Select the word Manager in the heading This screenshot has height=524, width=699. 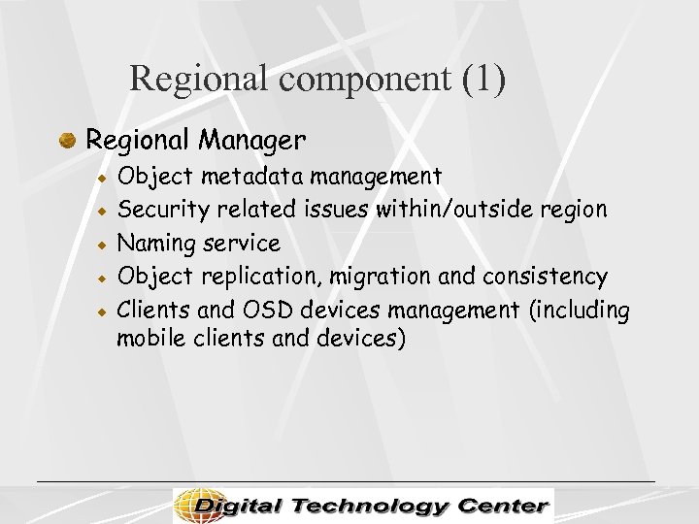[x=252, y=141]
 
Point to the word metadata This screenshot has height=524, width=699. [x=254, y=177]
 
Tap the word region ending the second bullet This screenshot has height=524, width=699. [x=576, y=210]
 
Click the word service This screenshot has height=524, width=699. [x=245, y=243]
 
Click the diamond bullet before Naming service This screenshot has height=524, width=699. [x=101, y=244]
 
